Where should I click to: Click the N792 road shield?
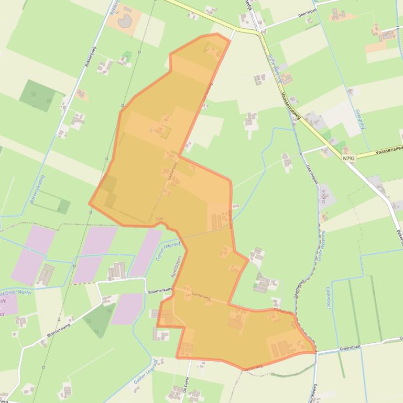[348, 158]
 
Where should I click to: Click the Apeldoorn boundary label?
[176, 266]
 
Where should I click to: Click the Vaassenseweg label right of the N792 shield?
[388, 152]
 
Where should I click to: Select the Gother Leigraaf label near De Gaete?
[146, 372]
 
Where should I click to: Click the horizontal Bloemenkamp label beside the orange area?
[160, 290]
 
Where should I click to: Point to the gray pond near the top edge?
[126, 21]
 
